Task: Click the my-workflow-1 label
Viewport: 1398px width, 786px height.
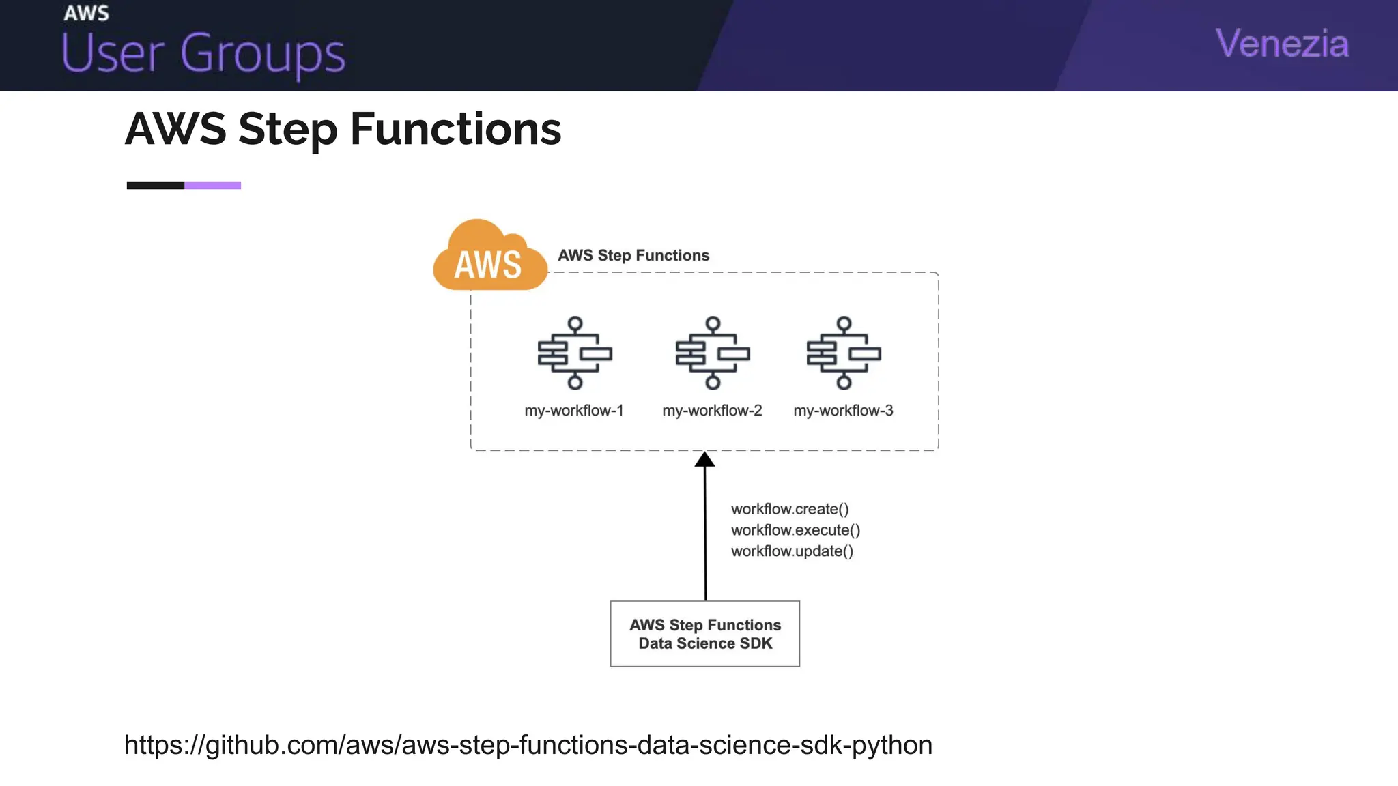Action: (574, 411)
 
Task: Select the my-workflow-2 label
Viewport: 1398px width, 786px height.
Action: (712, 411)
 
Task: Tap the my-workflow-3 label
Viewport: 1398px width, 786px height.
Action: (843, 411)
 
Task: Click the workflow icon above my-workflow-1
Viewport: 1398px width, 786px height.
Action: (575, 353)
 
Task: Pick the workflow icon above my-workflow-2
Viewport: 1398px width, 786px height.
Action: (713, 353)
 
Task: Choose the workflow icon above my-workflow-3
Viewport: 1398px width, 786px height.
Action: (844, 353)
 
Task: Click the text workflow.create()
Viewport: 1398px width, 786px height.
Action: (790, 509)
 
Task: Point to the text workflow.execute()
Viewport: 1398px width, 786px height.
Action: (795, 530)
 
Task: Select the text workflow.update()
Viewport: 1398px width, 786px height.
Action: (792, 551)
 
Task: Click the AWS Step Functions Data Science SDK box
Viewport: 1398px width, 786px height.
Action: (705, 634)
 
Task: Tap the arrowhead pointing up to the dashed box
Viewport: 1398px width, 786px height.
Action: (704, 460)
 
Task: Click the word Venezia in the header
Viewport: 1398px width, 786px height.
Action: (1282, 44)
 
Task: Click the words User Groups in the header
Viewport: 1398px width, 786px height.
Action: (203, 53)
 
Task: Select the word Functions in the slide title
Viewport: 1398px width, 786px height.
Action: (455, 129)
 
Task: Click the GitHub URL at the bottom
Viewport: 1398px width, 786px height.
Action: (528, 745)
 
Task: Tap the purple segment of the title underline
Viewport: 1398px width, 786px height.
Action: (212, 186)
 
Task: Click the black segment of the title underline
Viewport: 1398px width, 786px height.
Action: (156, 186)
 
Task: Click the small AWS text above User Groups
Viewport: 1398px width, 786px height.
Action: (86, 14)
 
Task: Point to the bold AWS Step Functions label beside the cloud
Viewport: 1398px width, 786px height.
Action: (633, 255)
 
